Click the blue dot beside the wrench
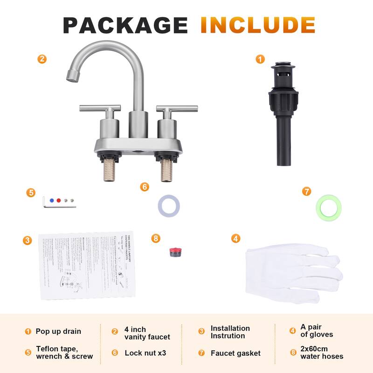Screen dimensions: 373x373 (x=52, y=200)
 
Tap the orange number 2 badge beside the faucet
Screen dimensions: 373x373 (x=42, y=59)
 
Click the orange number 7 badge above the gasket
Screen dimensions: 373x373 (x=306, y=191)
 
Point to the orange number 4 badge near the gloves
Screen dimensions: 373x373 (x=236, y=238)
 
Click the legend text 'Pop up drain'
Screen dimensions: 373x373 (x=58, y=332)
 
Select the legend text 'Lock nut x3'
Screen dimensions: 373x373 (x=145, y=353)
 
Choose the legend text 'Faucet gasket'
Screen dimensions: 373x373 (x=235, y=353)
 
